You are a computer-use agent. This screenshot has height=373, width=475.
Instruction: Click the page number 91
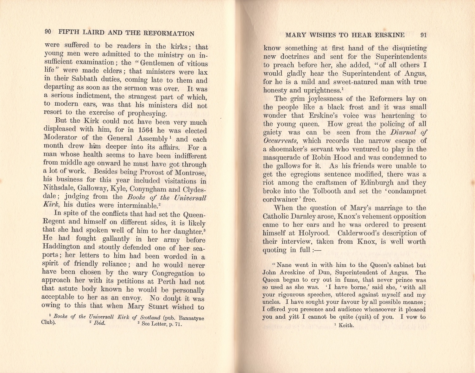point(423,35)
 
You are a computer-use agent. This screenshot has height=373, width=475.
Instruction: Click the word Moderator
point(60,138)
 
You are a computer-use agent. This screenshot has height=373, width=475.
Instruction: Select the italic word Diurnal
point(406,132)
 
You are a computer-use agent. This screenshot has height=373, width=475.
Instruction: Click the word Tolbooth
point(326,191)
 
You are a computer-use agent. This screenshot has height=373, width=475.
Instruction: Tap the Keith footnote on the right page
point(346,325)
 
